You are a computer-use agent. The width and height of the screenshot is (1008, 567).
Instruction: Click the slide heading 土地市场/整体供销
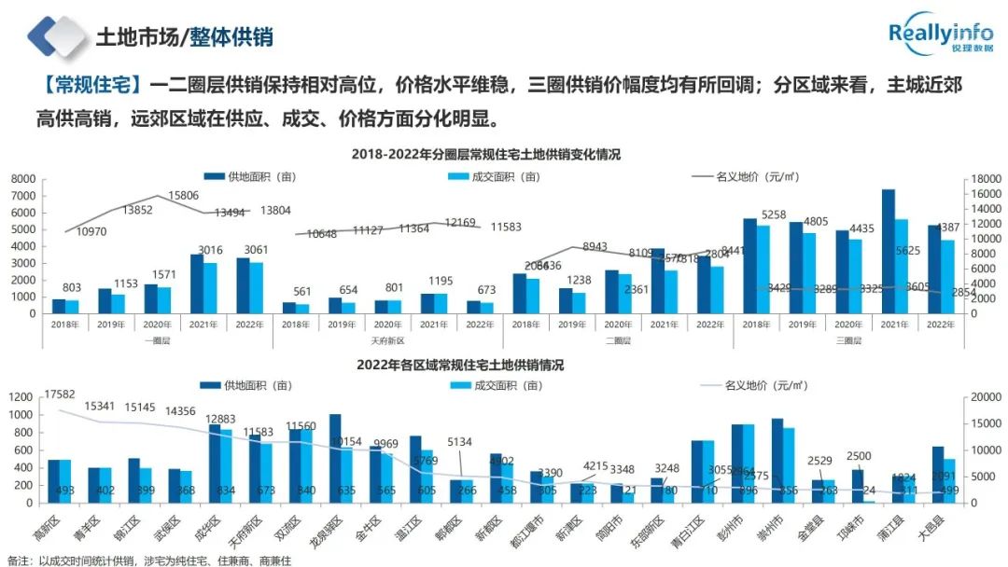(x=184, y=37)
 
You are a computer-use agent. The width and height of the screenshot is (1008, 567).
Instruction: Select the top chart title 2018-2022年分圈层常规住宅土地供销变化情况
(x=485, y=154)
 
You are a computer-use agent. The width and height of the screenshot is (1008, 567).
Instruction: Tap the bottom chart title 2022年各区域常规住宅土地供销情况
(x=460, y=365)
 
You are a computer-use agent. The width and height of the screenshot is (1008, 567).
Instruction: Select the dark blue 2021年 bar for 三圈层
(x=889, y=251)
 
